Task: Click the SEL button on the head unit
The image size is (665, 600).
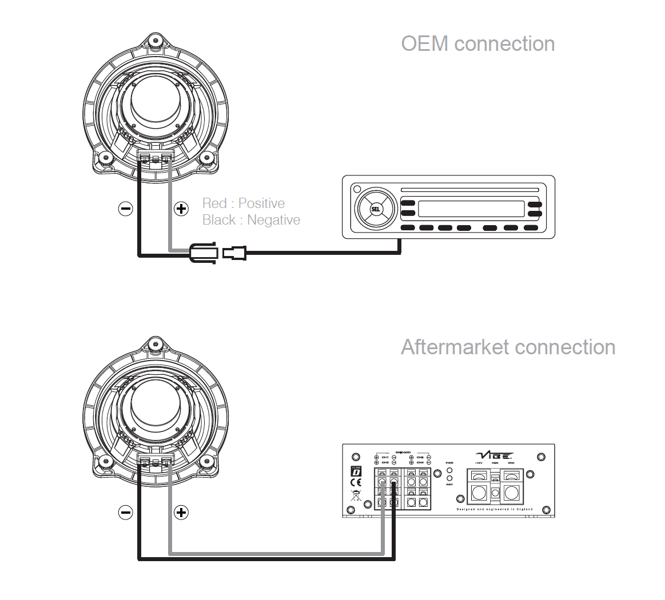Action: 376,209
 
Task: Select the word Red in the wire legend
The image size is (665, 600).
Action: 214,203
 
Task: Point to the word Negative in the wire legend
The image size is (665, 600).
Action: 273,220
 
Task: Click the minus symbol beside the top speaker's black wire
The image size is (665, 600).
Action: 125,209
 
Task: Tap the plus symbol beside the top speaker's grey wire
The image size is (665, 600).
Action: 181,209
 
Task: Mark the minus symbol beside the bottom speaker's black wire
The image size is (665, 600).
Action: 125,512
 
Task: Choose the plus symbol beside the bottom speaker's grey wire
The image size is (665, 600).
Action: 181,512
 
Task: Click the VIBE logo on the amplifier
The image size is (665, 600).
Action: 494,455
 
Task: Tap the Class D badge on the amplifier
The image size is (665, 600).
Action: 356,471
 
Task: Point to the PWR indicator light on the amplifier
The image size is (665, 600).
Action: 449,470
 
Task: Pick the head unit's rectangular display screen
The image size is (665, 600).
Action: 471,209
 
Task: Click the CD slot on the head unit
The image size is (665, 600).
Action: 470,190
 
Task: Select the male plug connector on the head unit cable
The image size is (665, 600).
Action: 234,252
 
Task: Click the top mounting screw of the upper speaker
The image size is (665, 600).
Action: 154,41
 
